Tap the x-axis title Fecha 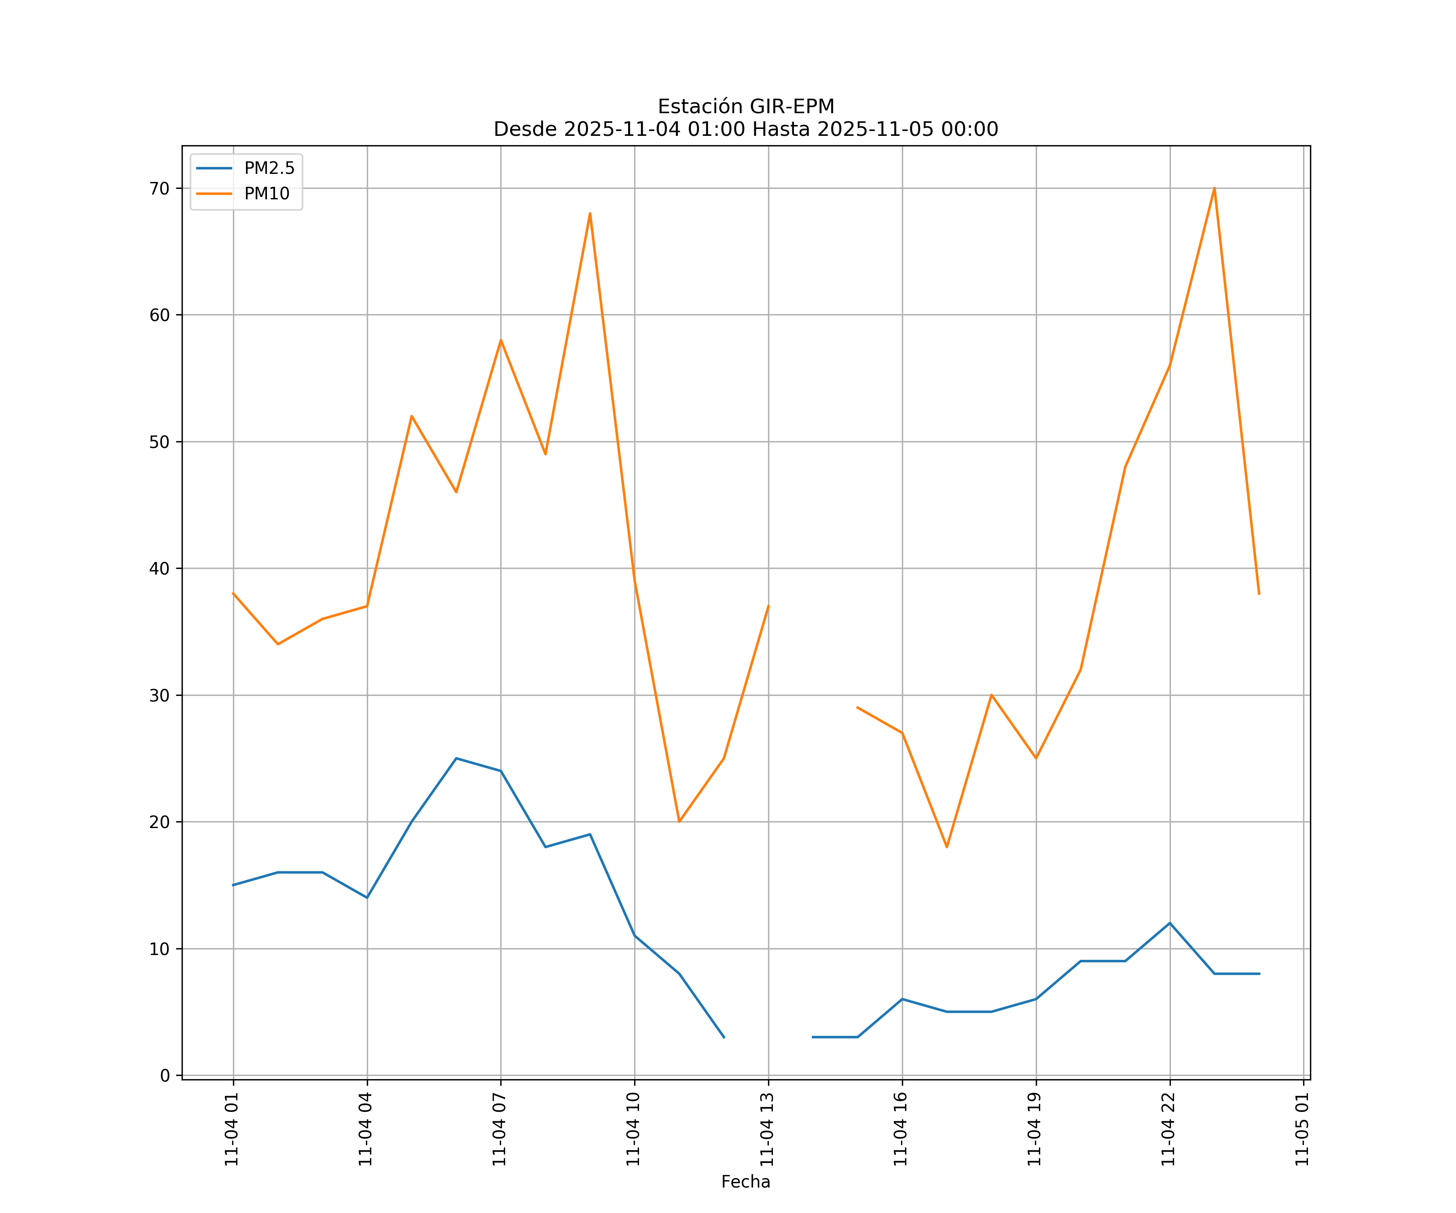point(745,1182)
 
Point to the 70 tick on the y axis point(159,188)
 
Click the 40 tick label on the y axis point(159,568)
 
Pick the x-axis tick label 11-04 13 point(767,1129)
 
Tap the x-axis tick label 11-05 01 point(1302,1129)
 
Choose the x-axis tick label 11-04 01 point(232,1129)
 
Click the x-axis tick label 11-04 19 point(1035,1129)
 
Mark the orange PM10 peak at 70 point(1214,188)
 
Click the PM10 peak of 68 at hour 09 point(590,213)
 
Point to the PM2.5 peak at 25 point(456,758)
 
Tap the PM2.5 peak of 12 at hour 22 point(1170,923)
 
